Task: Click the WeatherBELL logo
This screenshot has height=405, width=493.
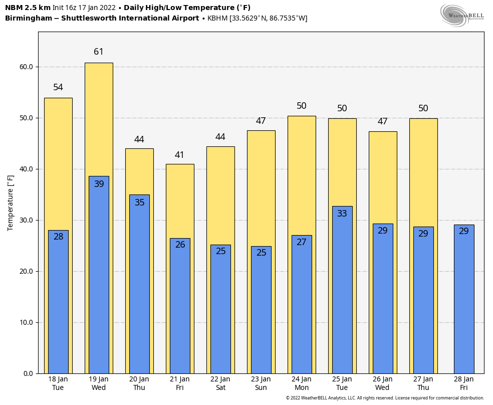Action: point(462,15)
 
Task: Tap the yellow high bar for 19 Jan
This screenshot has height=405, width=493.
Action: point(99,120)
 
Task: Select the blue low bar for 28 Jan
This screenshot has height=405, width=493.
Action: point(463,301)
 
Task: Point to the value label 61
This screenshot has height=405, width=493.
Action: point(99,52)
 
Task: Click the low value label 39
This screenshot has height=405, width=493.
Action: point(99,184)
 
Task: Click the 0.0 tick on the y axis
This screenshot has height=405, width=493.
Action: point(28,373)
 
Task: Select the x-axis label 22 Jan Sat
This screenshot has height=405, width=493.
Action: point(220,383)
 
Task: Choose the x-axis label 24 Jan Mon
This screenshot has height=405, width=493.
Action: point(302,383)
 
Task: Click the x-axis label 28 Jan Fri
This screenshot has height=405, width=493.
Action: point(463,383)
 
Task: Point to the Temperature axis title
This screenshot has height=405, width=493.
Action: point(11,203)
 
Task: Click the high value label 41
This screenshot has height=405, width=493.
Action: point(179,155)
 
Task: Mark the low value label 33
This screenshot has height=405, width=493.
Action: point(342,214)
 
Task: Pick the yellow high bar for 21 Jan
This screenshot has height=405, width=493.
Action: point(180,200)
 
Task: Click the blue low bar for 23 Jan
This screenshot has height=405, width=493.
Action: point(261,311)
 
